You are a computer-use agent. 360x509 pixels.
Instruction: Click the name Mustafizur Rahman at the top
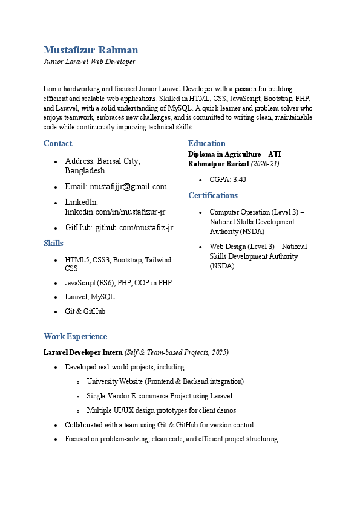(91, 50)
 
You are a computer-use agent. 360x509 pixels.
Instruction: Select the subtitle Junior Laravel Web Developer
(89, 62)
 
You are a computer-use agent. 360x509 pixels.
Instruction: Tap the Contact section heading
(57, 143)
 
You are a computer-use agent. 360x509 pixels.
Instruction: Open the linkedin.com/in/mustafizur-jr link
(115, 212)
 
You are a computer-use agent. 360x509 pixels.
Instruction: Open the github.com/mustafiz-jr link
(134, 228)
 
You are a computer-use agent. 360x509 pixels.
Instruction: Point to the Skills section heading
(53, 243)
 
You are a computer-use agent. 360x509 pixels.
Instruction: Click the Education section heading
(206, 143)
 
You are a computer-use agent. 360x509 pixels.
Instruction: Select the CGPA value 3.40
(240, 180)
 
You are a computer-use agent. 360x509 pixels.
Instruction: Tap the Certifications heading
(213, 195)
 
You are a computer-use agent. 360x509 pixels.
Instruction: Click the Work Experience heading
(75, 336)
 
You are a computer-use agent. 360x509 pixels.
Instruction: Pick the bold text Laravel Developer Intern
(83, 352)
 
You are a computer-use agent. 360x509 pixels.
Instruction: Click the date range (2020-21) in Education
(265, 164)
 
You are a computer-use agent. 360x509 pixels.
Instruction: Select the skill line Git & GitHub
(85, 311)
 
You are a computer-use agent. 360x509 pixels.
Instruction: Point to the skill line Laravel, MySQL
(90, 297)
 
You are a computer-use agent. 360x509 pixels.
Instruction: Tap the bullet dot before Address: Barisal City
(56, 162)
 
